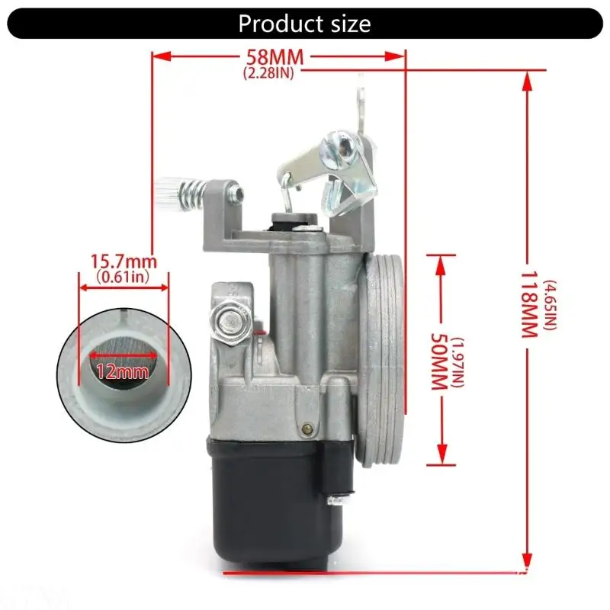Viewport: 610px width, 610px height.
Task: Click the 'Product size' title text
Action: click(304, 24)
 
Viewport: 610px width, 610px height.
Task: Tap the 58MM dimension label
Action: click(275, 57)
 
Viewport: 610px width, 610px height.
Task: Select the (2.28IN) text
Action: click(268, 73)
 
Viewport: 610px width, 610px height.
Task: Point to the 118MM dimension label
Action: click(528, 304)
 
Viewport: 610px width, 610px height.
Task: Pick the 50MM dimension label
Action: click(439, 361)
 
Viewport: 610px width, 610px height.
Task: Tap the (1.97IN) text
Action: click(459, 363)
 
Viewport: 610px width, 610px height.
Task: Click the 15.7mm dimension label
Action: click(124, 261)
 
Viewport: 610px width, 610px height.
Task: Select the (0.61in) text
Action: click(123, 277)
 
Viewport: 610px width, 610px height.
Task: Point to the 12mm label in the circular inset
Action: click(123, 372)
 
